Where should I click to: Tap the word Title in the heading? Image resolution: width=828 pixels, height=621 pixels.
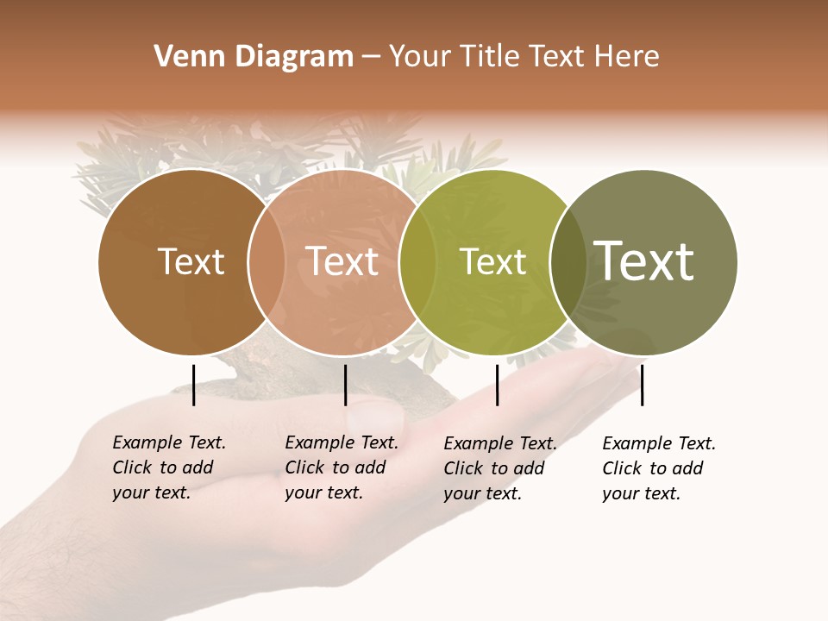(x=491, y=57)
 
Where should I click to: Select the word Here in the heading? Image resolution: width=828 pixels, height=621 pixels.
(x=628, y=57)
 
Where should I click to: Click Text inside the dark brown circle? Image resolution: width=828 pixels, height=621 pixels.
(x=191, y=262)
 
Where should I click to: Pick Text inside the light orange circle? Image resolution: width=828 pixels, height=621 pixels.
(x=342, y=262)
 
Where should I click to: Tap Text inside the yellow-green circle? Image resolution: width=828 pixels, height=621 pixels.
(x=492, y=262)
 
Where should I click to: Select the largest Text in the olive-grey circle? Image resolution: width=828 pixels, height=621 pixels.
(x=644, y=261)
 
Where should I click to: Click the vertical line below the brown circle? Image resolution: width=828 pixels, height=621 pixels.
(x=194, y=385)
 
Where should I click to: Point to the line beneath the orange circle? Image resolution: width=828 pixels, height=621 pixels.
(x=345, y=385)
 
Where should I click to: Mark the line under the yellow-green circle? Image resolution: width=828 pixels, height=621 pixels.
(x=498, y=385)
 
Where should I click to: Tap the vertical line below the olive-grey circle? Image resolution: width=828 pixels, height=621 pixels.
(x=642, y=385)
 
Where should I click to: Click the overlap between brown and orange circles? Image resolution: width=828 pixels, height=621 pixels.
(x=267, y=262)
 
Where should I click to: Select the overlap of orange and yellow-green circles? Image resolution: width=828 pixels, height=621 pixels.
(x=417, y=262)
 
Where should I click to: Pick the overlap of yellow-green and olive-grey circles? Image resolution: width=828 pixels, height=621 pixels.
(x=568, y=262)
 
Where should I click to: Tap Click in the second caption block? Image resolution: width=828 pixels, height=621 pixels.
(x=304, y=467)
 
